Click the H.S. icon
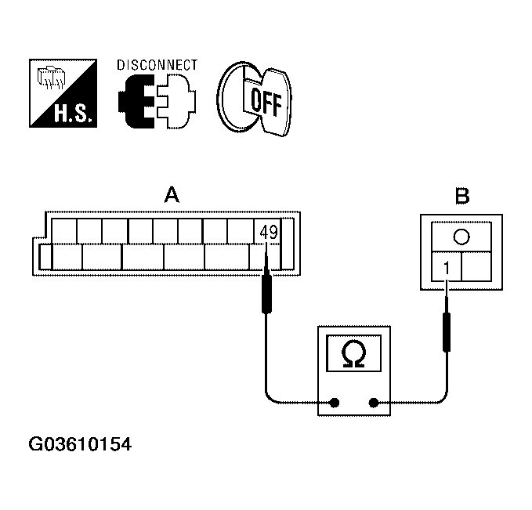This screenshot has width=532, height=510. click(62, 94)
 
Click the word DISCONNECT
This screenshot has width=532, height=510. click(157, 65)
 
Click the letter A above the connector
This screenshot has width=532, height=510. click(170, 194)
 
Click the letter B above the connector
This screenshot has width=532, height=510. click(462, 196)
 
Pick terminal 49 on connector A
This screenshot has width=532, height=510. click(268, 232)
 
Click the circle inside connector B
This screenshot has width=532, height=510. click(461, 237)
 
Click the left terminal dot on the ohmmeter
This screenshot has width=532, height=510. click(335, 403)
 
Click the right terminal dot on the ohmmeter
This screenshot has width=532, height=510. click(374, 403)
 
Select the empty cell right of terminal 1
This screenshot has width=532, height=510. click(476, 267)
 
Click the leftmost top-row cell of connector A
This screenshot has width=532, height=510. click(64, 231)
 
